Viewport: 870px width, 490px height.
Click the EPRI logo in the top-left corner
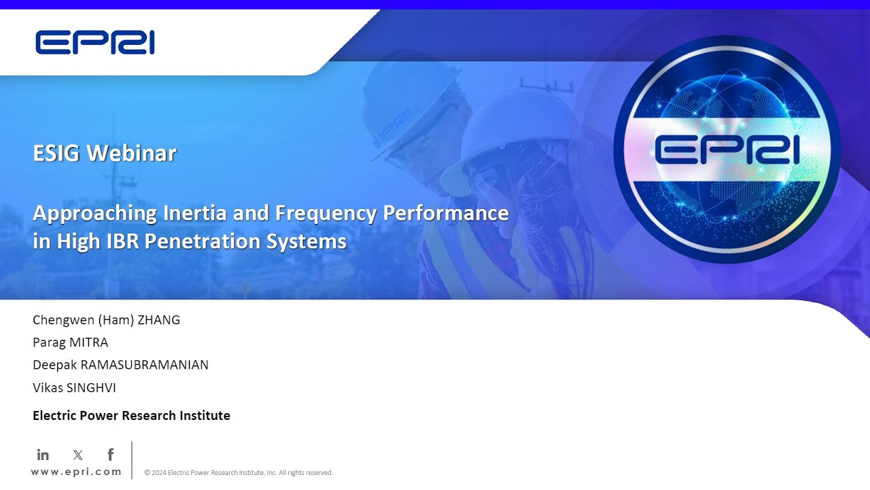coord(94,42)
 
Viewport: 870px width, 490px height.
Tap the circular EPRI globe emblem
coord(727,149)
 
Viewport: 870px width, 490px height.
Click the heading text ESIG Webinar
coord(104,153)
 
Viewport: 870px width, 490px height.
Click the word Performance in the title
coord(446,214)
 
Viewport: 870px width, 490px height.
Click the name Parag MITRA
coord(70,342)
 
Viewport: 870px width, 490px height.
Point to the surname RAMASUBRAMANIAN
coord(144,365)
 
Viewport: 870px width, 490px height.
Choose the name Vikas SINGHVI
coord(74,387)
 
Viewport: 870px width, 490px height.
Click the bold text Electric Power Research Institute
coord(131,416)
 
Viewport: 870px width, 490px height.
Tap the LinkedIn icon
coord(43,455)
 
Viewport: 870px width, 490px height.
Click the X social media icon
coord(77,455)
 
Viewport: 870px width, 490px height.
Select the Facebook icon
coord(110,455)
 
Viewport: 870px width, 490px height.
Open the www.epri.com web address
coord(76,472)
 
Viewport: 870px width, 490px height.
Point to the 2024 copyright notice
coord(238,472)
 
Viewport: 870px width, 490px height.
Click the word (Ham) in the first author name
coord(103,320)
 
